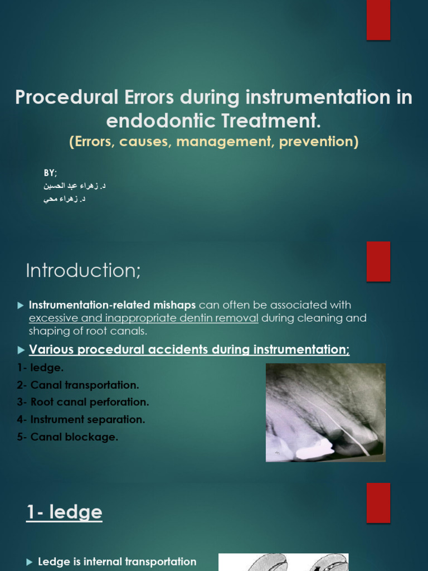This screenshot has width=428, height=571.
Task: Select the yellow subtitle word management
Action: tap(225, 142)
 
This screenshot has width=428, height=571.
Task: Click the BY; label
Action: tap(51, 173)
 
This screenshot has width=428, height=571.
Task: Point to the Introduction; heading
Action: tap(84, 270)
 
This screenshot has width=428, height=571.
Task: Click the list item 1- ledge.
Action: tap(40, 368)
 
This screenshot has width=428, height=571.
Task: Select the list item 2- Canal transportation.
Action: tap(78, 385)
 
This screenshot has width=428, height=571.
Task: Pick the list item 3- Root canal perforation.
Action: tap(83, 402)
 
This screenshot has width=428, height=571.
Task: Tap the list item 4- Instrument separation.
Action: tap(81, 419)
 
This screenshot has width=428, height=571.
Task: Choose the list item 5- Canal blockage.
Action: tap(67, 437)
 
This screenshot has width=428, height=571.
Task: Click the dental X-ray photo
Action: tap(325, 412)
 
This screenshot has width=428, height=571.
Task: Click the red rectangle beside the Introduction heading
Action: tap(378, 262)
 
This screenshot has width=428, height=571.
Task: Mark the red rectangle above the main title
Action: tap(378, 20)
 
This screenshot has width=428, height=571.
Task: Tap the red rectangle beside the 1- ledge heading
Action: tap(378, 502)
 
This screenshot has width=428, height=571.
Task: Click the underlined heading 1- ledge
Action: tap(64, 512)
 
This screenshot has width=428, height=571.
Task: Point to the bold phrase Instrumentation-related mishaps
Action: tap(112, 305)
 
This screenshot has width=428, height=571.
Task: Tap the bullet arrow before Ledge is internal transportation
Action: tap(30, 562)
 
